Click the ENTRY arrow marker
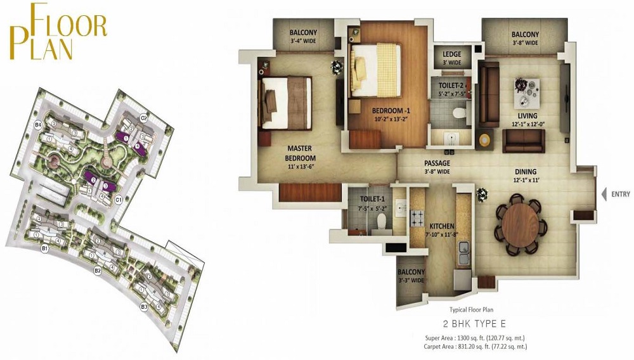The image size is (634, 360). [605, 194]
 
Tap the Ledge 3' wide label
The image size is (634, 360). [451, 58]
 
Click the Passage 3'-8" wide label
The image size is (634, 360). [437, 167]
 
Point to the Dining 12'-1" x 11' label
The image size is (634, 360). [526, 175]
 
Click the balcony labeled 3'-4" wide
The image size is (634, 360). [303, 37]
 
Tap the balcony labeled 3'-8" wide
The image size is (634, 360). [525, 38]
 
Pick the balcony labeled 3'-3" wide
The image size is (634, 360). [411, 276]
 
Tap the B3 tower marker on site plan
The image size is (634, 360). [144, 307]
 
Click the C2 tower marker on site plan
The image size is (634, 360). [144, 118]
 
